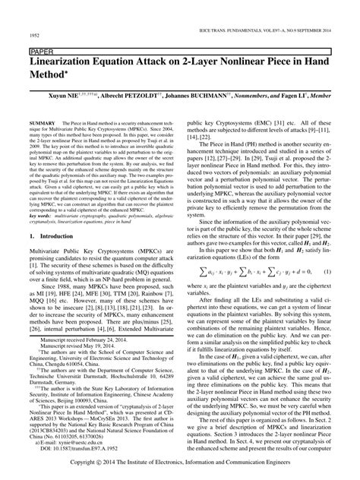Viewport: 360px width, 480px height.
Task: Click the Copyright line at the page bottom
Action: pos(181,472)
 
